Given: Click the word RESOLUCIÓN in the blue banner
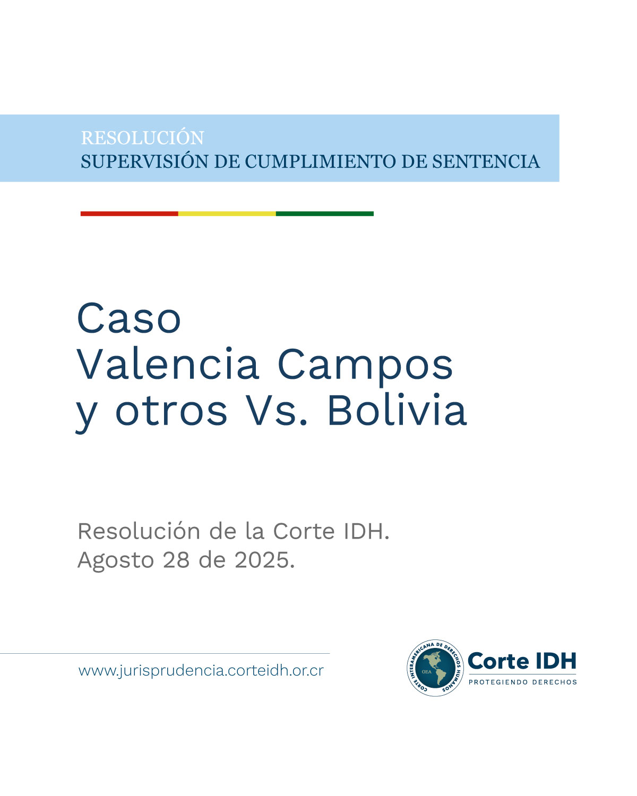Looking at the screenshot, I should tap(142, 138).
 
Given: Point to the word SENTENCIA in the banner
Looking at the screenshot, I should tap(486, 161).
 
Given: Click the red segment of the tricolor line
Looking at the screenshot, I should tap(129, 214).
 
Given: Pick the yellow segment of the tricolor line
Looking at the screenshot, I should tap(227, 214).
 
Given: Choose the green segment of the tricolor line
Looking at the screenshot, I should tap(324, 214).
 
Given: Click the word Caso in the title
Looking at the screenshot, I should tap(130, 318).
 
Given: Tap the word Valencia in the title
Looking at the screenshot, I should tap(168, 365).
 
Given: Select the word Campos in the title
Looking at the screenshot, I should tap(365, 365).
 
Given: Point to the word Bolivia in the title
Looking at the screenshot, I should tap(397, 410).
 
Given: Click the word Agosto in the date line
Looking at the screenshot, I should tap(116, 560).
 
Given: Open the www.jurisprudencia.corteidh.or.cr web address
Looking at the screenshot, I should tap(201, 671).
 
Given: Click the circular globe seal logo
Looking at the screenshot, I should tap(435, 668).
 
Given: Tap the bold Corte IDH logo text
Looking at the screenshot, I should tap(522, 661).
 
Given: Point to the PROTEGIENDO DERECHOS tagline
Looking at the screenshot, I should tap(522, 682).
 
